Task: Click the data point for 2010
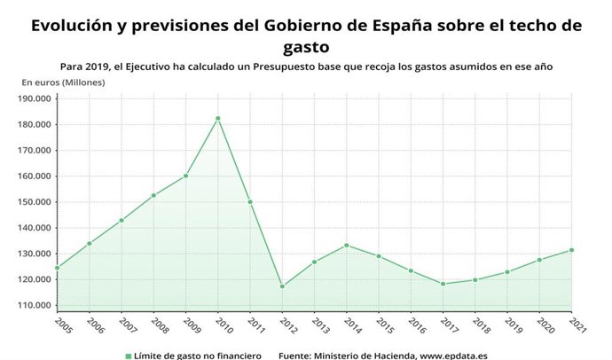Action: (x=218, y=118)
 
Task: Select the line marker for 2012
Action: (x=282, y=286)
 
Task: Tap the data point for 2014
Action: (x=347, y=245)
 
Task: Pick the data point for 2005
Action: (x=58, y=267)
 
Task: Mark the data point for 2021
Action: (x=571, y=250)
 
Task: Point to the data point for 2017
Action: (x=443, y=284)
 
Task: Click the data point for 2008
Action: (x=153, y=195)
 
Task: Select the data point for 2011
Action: (x=250, y=202)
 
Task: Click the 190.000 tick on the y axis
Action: (x=34, y=98)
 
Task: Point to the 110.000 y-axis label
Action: (x=34, y=305)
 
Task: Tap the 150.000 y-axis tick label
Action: (x=34, y=202)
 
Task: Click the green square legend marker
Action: (x=128, y=355)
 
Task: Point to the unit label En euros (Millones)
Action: (x=63, y=82)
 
